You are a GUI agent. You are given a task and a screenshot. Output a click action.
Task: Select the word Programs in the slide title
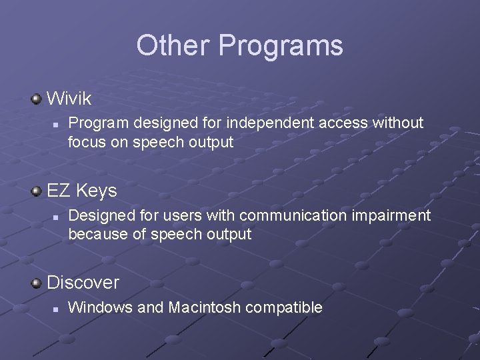tap(281, 46)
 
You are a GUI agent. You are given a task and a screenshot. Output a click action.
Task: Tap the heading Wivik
tap(69, 99)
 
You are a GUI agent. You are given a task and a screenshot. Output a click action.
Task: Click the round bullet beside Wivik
tap(37, 99)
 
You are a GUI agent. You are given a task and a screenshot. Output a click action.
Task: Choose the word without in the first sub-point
tap(398, 123)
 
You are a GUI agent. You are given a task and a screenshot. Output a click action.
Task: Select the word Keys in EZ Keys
tap(96, 191)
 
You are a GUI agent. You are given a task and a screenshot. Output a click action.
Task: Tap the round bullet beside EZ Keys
tap(37, 191)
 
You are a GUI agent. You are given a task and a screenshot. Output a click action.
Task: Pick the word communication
tap(290, 215)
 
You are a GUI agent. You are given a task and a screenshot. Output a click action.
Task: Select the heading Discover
tap(83, 283)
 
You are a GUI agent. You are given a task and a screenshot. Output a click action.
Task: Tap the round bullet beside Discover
tap(37, 283)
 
